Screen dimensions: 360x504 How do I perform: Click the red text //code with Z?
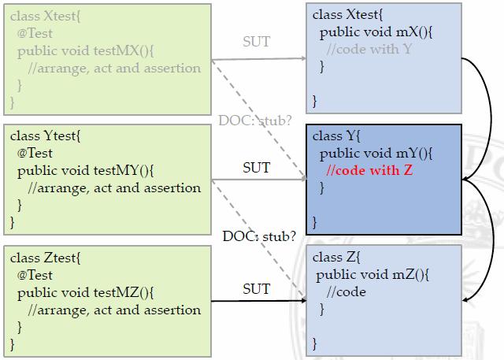click(x=369, y=170)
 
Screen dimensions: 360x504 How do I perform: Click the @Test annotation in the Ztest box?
click(x=35, y=275)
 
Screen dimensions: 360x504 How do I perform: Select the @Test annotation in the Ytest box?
click(x=35, y=153)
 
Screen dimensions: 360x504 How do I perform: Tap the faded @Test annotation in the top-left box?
click(x=35, y=34)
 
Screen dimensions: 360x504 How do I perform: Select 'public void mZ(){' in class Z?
click(x=367, y=275)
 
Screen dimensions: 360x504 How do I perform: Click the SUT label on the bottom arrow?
click(x=256, y=289)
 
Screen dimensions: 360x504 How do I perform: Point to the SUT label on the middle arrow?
click(x=256, y=167)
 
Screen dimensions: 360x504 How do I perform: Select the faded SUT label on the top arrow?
click(x=256, y=41)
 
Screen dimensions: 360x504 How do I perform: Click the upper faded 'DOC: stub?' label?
click(x=256, y=121)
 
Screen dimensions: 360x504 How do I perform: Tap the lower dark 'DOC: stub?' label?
click(x=259, y=236)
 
